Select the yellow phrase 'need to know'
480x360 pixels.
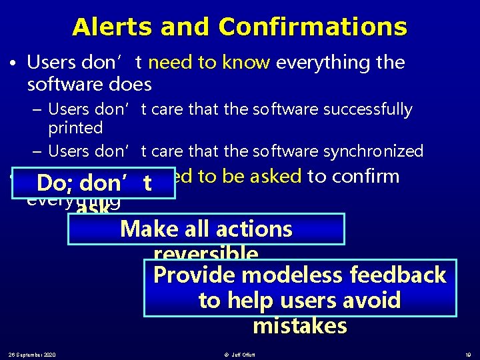coord(209,63)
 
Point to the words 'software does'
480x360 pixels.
coord(89,85)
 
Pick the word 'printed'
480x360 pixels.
coord(75,127)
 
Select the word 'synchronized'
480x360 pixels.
coord(373,151)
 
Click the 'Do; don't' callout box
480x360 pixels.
coord(95,183)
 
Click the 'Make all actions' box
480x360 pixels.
coord(206,229)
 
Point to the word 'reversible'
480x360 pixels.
coord(206,254)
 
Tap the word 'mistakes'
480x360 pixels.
coord(300,326)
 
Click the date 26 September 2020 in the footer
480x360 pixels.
coord(32,353)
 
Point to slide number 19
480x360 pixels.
coord(468,353)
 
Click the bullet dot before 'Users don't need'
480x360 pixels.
coord(13,63)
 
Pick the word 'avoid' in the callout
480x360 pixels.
coord(372,301)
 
